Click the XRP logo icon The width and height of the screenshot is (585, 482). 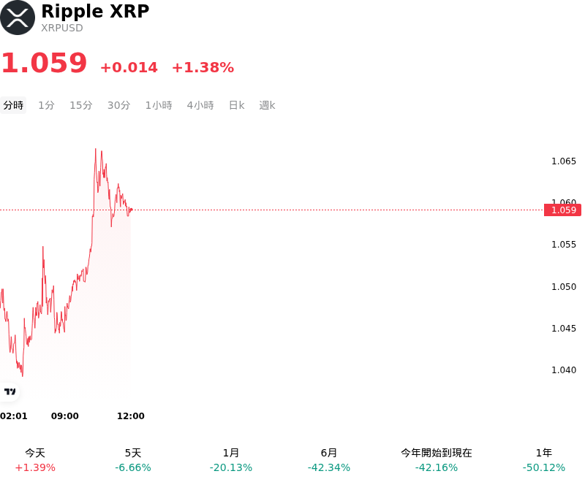[x=18, y=18]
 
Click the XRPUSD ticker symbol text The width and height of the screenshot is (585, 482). [x=62, y=28]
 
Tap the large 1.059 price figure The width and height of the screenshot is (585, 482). [x=45, y=63]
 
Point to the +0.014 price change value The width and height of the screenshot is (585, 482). [x=129, y=67]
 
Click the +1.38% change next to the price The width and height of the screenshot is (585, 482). [x=203, y=67]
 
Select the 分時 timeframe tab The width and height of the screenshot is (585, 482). [x=13, y=105]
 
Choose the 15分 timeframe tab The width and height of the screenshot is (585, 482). [x=81, y=105]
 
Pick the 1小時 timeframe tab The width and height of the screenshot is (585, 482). [x=159, y=105]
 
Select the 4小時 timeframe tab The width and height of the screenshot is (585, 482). [x=200, y=105]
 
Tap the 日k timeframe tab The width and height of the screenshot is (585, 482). [x=236, y=105]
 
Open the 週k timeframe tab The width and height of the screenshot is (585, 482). [x=267, y=105]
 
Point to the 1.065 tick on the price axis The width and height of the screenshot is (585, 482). [x=564, y=161]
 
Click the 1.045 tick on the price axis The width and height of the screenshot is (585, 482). [x=564, y=329]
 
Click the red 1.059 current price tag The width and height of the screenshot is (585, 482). [x=562, y=210]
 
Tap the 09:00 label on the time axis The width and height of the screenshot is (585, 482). [x=65, y=416]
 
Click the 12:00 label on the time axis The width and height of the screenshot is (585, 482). [x=131, y=416]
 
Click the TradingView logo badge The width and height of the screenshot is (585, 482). [x=10, y=392]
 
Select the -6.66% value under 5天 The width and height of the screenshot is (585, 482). [x=133, y=468]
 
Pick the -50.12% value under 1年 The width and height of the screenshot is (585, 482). [x=544, y=468]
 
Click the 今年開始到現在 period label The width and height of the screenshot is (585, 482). [x=437, y=453]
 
